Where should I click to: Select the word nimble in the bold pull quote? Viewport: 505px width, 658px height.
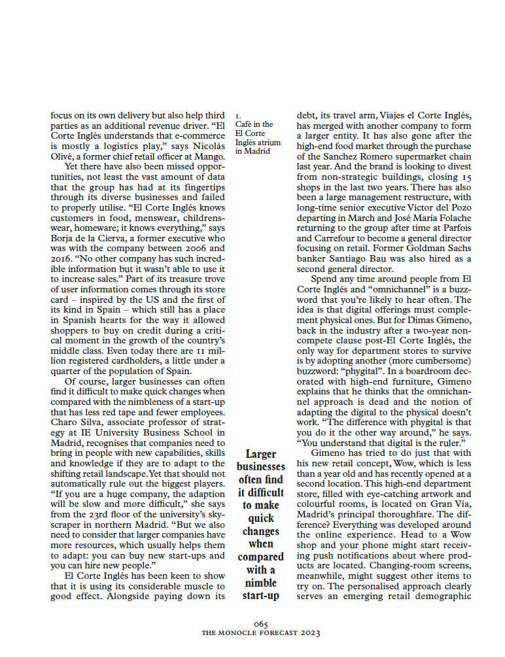click(x=261, y=583)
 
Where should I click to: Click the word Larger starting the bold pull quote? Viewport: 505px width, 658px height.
click(x=261, y=454)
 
